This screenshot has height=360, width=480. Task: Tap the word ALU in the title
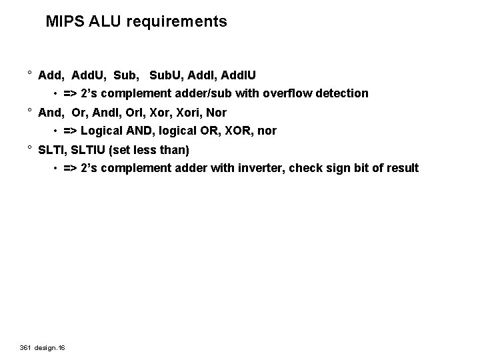[100, 21]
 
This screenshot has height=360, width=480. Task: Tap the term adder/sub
[211, 93]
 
